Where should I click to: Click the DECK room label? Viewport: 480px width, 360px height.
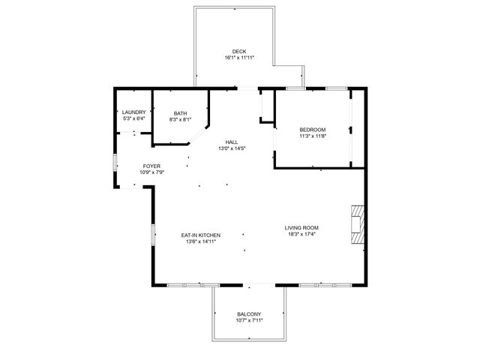pyautogui.click(x=238, y=52)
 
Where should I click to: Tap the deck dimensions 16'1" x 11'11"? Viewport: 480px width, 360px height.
pyautogui.click(x=238, y=58)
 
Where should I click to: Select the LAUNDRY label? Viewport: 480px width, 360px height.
pyautogui.click(x=133, y=112)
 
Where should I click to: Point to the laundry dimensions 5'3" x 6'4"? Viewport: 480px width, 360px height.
pyautogui.click(x=133, y=118)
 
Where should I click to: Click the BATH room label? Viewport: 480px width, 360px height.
pyautogui.click(x=180, y=113)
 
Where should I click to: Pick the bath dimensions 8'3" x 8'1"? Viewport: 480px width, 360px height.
pyautogui.click(x=180, y=119)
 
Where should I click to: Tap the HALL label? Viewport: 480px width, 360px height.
pyautogui.click(x=232, y=142)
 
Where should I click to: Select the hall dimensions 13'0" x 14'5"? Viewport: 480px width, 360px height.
pyautogui.click(x=232, y=148)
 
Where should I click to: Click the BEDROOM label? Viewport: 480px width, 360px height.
pyautogui.click(x=313, y=130)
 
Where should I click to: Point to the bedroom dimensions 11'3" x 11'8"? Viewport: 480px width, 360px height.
pyautogui.click(x=313, y=136)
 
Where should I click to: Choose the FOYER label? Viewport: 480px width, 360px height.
pyautogui.click(x=151, y=166)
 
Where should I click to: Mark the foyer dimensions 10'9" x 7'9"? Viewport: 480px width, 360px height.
pyautogui.click(x=151, y=172)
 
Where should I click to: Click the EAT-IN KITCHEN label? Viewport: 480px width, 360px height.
pyautogui.click(x=200, y=235)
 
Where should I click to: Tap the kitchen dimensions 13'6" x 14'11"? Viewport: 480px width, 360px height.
pyautogui.click(x=200, y=241)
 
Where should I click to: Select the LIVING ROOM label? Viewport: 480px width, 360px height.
pyautogui.click(x=301, y=228)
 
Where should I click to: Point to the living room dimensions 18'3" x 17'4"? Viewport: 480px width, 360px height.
pyautogui.click(x=301, y=234)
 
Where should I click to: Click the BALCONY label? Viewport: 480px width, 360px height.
pyautogui.click(x=249, y=314)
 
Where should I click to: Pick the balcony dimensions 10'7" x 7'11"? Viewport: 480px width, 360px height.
pyautogui.click(x=249, y=320)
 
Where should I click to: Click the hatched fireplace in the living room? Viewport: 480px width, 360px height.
pyautogui.click(x=357, y=223)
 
